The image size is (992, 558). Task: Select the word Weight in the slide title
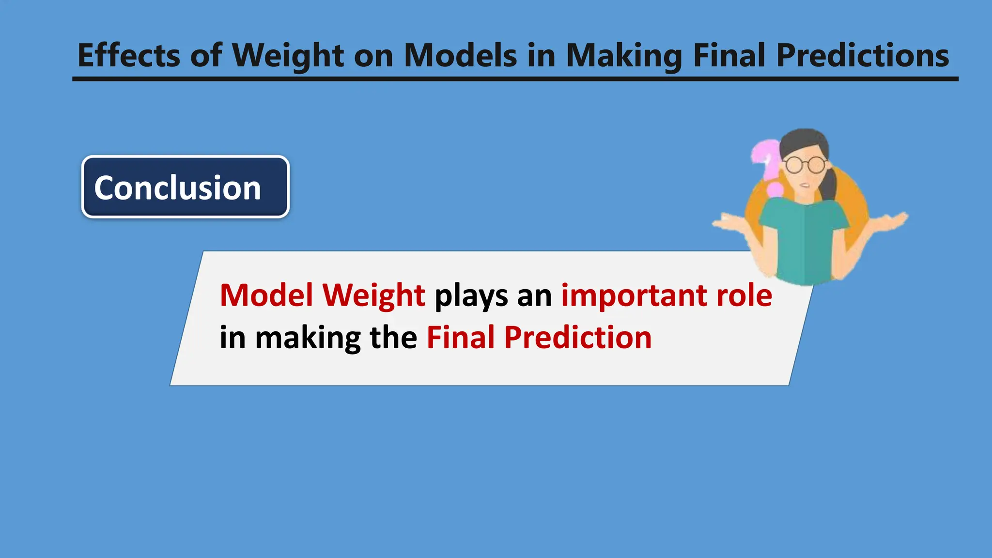[288, 56]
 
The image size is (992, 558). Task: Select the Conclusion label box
[186, 187]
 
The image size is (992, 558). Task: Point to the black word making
[308, 338]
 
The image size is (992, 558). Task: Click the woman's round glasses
[805, 165]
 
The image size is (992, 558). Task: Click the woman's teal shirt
[804, 242]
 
